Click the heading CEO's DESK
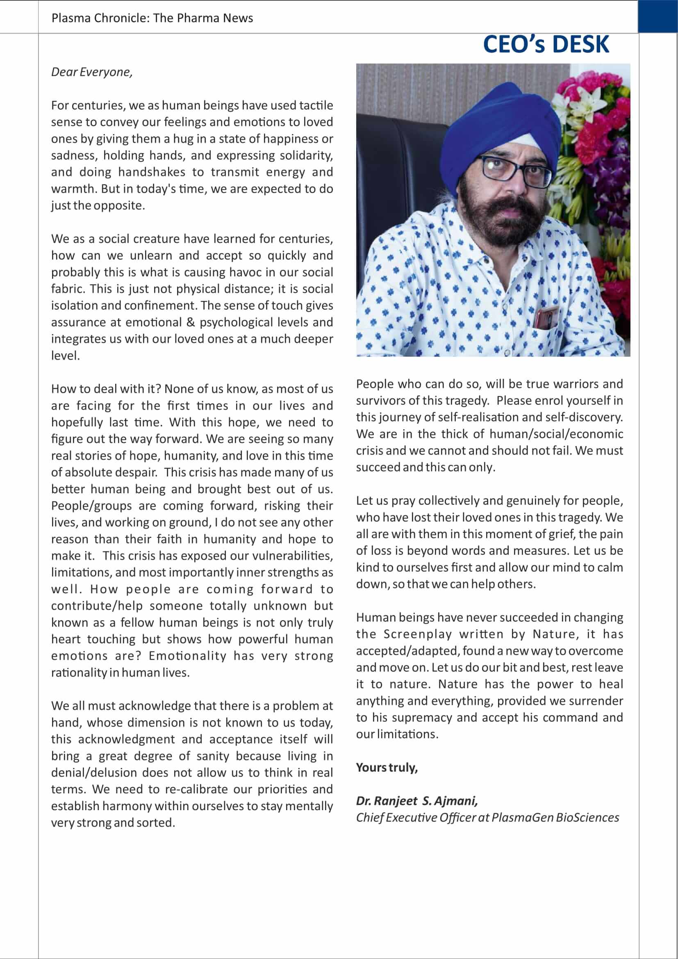click(546, 44)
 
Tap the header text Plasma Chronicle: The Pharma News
click(152, 18)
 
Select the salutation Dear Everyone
click(92, 72)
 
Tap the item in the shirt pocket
click(546, 317)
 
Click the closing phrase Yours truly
click(387, 767)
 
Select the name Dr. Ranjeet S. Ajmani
click(416, 801)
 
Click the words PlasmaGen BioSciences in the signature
click(555, 818)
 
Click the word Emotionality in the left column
click(187, 656)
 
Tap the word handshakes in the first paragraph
click(152, 172)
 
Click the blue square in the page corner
click(658, 16)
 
